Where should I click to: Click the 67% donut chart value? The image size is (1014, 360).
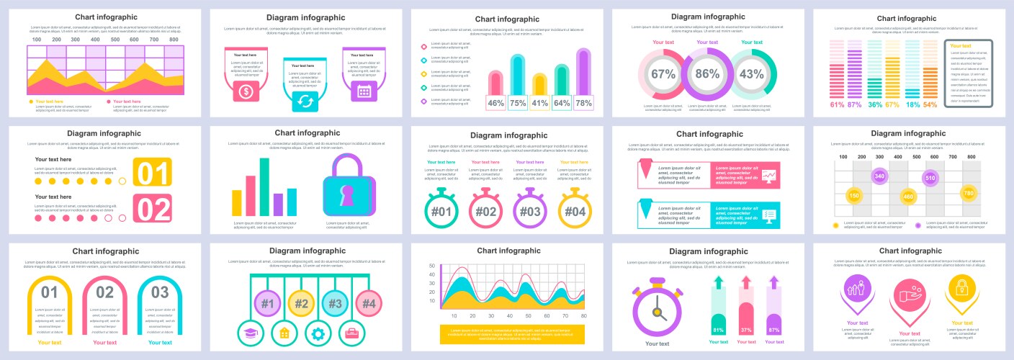663,73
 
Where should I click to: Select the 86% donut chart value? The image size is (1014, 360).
706,73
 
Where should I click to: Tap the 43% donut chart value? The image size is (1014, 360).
751,73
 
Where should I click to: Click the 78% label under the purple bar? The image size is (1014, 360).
583,103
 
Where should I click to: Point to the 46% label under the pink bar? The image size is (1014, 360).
495,103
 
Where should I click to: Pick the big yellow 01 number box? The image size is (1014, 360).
152,173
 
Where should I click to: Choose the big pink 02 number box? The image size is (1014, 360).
152,209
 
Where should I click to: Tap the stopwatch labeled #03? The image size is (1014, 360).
530,211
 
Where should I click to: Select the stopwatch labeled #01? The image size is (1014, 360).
441,211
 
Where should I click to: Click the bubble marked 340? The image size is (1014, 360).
879,176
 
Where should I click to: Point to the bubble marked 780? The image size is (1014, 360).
969,193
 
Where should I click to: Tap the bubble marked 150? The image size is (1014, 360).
854,195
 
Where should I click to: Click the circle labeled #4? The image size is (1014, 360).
368,303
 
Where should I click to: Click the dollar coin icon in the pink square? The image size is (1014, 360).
246,91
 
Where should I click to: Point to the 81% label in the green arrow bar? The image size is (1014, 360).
717,330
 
